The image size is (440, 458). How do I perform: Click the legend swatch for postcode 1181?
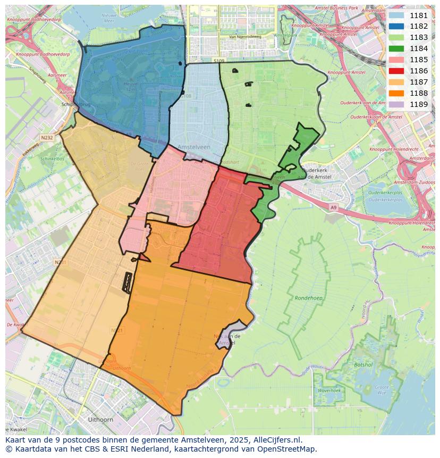[396, 15]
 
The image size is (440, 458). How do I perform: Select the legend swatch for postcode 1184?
[396, 48]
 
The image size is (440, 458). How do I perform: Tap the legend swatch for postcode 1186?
[396, 71]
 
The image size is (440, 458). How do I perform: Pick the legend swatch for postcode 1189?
[396, 104]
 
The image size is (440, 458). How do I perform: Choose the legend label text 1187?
[419, 82]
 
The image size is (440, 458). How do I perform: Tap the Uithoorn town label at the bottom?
[99, 420]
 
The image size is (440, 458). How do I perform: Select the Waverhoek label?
[329, 390]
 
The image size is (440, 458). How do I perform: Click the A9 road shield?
[333, 207]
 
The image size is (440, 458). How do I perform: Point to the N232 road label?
[47, 137]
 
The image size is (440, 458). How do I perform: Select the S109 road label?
[219, 61]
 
